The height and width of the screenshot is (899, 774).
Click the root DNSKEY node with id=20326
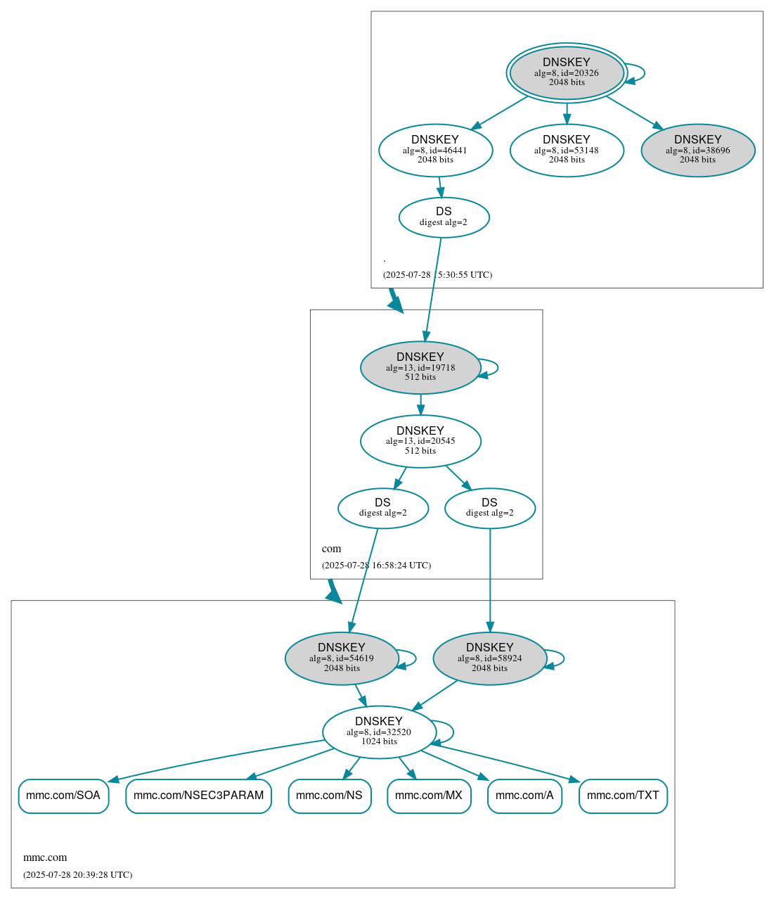coord(566,72)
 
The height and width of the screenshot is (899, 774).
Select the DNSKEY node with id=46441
coord(435,150)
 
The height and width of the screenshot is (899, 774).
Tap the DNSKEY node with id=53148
coord(567,150)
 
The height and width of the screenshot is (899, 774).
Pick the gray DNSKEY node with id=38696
coord(697,150)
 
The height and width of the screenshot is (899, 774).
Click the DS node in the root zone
coord(444,217)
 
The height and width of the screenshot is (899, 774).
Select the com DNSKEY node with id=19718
coord(420,367)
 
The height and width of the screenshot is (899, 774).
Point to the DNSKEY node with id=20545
coord(420,441)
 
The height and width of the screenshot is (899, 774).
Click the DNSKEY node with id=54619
coord(342,658)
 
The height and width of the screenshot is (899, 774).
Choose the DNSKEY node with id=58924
coord(489,658)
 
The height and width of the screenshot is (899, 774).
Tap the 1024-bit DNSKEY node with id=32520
coord(379,732)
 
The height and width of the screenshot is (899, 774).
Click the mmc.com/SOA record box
coord(63,796)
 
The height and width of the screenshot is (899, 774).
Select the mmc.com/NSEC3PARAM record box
coord(198,796)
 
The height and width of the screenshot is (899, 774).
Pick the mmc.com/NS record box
coord(329,796)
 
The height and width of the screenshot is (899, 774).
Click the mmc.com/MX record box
coord(429,796)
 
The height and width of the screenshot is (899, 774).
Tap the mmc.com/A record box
coord(524,796)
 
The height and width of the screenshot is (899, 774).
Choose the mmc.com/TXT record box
coord(623,796)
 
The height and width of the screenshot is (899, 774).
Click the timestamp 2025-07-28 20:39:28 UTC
coord(77,875)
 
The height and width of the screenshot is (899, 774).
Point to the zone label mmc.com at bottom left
coord(45,857)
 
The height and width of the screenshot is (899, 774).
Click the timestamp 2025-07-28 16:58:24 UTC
coord(376,566)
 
